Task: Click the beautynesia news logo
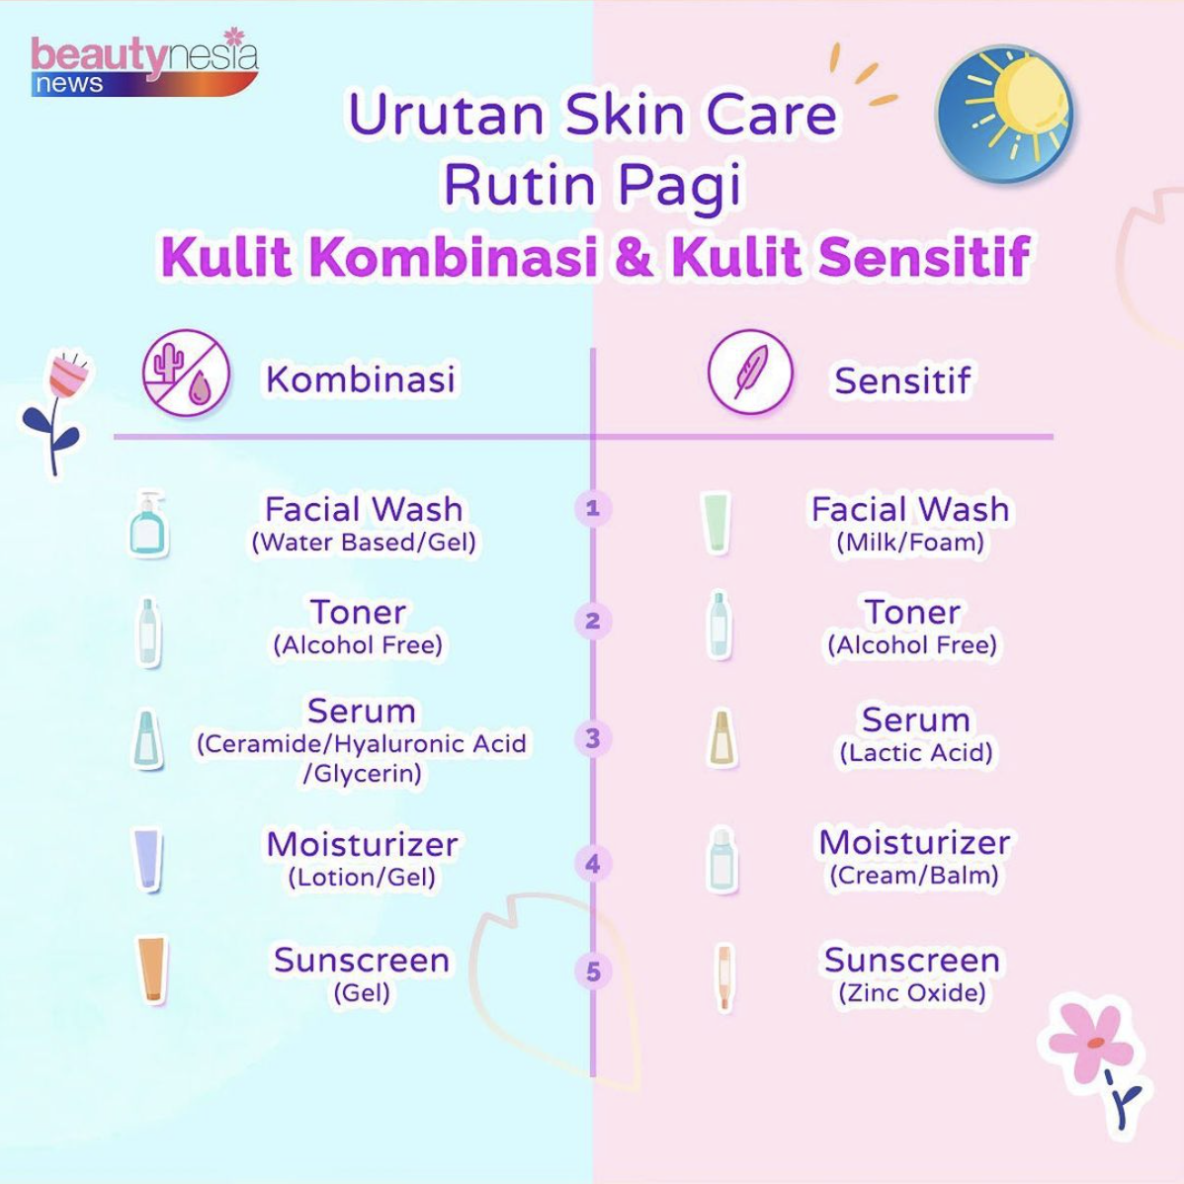click(143, 65)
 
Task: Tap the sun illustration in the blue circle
click(1005, 113)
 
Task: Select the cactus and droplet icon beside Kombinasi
click(186, 375)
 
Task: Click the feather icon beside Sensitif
click(750, 372)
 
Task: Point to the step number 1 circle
click(593, 508)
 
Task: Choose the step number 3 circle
click(593, 738)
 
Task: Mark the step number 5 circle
click(593, 972)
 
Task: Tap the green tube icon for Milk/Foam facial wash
click(716, 523)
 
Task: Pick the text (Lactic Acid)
click(915, 753)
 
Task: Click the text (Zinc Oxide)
click(911, 992)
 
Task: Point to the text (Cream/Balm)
click(914, 876)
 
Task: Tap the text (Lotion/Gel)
click(362, 877)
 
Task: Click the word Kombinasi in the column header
click(360, 380)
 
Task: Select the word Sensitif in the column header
click(902, 381)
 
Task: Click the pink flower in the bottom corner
click(1092, 1043)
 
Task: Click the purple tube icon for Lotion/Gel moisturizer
click(147, 859)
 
